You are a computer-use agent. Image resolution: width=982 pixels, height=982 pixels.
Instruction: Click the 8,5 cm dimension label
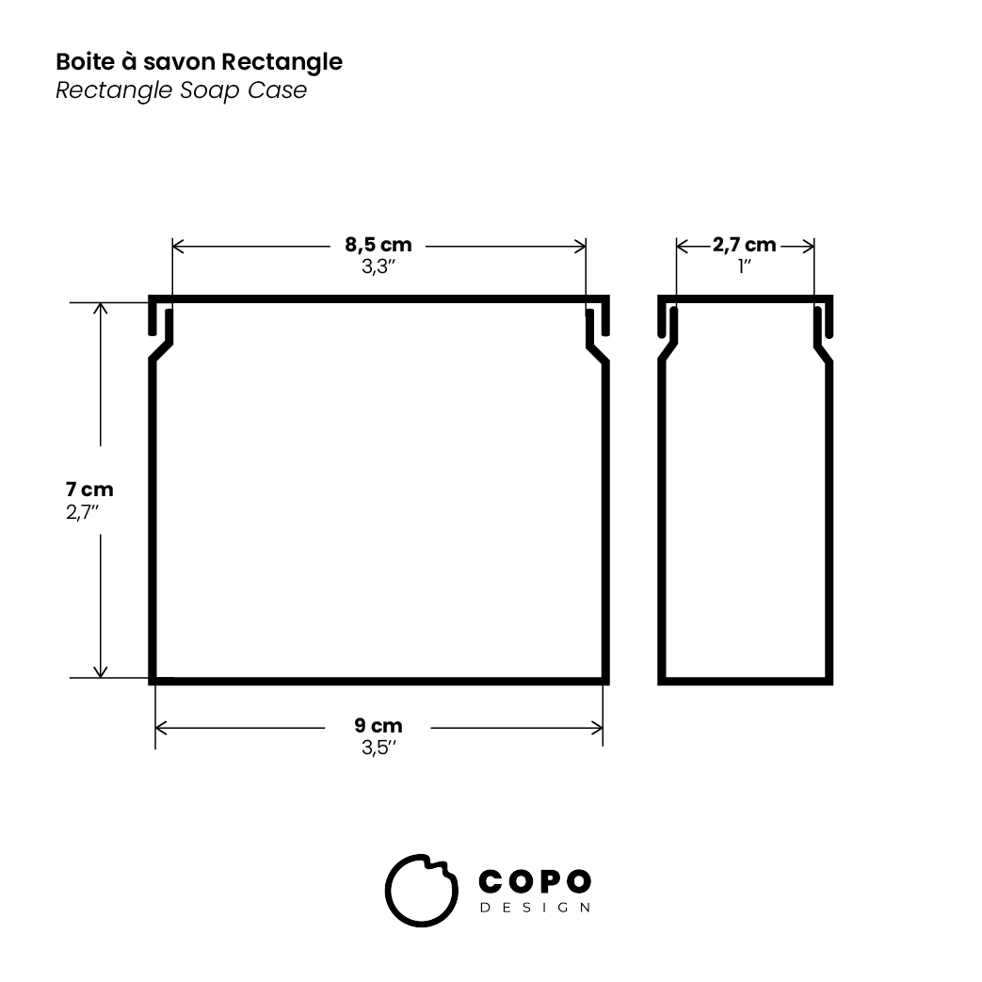tap(378, 246)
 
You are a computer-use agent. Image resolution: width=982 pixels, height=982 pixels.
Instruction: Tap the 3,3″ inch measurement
tap(378, 266)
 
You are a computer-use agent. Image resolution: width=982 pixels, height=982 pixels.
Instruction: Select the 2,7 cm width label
tap(744, 246)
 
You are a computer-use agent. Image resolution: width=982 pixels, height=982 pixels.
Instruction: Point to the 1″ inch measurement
tap(744, 266)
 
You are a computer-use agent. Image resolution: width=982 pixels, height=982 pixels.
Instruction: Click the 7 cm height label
tap(89, 490)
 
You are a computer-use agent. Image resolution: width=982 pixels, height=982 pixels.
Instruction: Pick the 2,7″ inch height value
tap(83, 511)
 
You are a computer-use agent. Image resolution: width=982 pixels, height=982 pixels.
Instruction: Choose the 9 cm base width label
tap(378, 726)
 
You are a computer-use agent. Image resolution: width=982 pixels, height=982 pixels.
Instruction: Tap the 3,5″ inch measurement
tap(378, 748)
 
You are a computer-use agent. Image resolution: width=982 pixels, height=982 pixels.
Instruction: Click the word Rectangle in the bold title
tap(282, 63)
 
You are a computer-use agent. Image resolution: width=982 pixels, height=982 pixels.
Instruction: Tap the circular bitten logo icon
tap(420, 892)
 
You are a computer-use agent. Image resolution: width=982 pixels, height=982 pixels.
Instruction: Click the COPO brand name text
tap(535, 881)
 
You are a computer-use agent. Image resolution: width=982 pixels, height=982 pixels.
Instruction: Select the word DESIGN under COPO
tap(535, 908)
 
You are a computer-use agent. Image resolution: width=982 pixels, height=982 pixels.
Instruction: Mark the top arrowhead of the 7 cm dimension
tap(101, 308)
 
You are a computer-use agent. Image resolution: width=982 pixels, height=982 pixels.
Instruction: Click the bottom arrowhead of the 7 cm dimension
tap(101, 671)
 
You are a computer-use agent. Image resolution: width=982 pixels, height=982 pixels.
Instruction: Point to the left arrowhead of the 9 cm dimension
tap(161, 727)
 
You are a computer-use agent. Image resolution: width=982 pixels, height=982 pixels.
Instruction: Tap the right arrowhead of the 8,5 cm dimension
tap(581, 247)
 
